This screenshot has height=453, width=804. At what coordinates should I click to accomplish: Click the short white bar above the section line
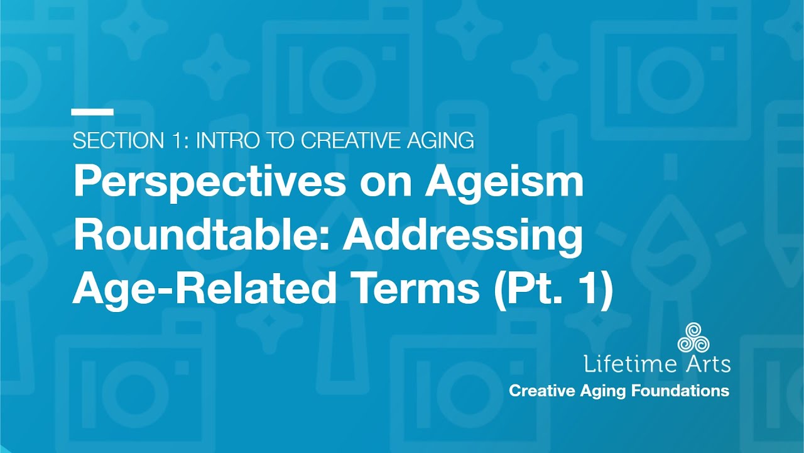click(92, 113)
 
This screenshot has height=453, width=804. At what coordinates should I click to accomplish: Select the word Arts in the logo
click(707, 364)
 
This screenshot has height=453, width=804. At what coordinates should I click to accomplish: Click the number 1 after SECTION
click(174, 141)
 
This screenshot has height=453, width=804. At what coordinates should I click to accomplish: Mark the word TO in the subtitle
click(283, 141)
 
